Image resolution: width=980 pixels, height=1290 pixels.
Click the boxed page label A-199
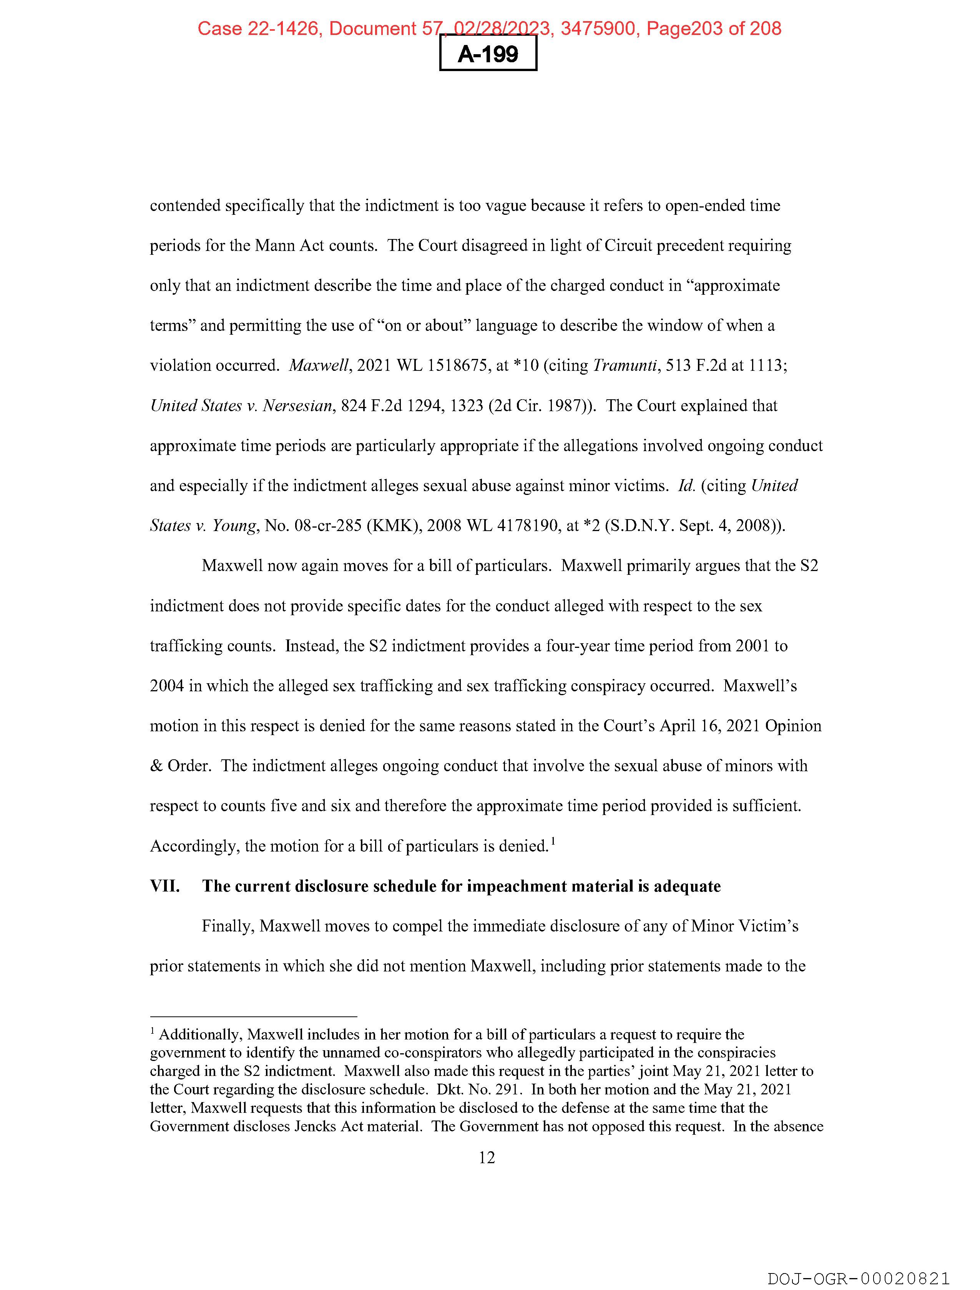pyautogui.click(x=488, y=54)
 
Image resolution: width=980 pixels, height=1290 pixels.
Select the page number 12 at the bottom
pyautogui.click(x=487, y=1157)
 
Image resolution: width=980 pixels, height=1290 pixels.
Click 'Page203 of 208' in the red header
pyautogui.click(x=713, y=28)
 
